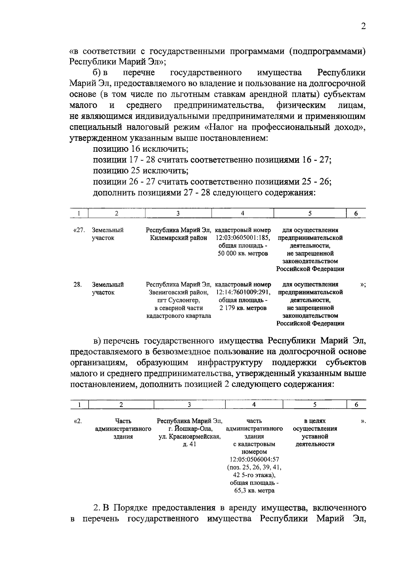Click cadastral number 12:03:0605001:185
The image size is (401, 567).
243,238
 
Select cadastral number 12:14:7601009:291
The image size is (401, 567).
243,292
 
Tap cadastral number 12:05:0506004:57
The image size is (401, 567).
254,459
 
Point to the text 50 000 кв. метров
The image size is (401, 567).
243,253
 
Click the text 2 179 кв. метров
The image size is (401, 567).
243,308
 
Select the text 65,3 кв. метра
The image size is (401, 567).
254,490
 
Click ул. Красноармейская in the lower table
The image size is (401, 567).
189,436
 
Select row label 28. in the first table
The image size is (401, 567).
78,285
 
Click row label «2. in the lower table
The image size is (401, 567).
78,421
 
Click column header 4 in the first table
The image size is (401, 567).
243,213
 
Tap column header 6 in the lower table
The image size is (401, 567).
357,404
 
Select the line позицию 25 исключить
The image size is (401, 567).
140,171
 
